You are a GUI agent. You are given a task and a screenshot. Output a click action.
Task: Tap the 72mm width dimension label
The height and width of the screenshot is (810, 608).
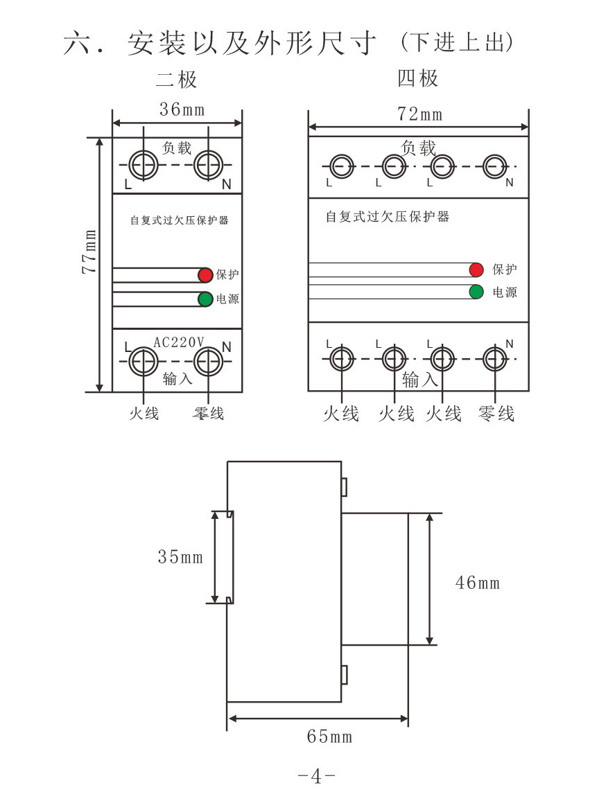pyautogui.click(x=419, y=114)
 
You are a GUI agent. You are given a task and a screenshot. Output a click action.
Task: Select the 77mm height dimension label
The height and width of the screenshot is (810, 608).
pyautogui.click(x=89, y=250)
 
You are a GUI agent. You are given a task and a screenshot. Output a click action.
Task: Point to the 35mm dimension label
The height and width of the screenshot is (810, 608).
pyautogui.click(x=180, y=556)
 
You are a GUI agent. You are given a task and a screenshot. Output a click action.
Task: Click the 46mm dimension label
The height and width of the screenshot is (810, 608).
pyautogui.click(x=477, y=582)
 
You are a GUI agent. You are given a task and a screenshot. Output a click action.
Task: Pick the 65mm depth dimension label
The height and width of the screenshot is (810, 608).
pyautogui.click(x=329, y=736)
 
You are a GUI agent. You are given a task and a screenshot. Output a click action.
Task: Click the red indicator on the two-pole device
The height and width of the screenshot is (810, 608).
pyautogui.click(x=205, y=275)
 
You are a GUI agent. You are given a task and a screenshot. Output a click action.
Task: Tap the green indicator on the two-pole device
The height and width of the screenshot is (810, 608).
pyautogui.click(x=205, y=299)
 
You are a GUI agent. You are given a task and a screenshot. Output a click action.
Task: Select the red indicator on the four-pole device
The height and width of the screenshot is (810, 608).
pyautogui.click(x=476, y=270)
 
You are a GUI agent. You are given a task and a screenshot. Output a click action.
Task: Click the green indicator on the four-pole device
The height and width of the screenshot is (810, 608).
pyautogui.click(x=476, y=292)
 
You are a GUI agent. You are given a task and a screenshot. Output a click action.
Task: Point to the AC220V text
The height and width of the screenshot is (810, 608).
pyautogui.click(x=178, y=342)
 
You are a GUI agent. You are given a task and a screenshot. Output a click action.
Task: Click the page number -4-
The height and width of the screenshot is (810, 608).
pyautogui.click(x=316, y=776)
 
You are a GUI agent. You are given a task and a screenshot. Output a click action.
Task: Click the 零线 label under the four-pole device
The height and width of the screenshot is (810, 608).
pyautogui.click(x=496, y=414)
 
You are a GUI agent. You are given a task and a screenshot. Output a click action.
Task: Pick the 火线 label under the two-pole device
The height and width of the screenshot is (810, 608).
pyautogui.click(x=144, y=414)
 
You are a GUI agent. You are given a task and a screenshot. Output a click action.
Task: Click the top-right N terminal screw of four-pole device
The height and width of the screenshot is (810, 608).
pyautogui.click(x=494, y=166)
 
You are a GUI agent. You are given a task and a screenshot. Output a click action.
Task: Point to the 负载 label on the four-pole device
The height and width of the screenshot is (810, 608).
pyautogui.click(x=419, y=147)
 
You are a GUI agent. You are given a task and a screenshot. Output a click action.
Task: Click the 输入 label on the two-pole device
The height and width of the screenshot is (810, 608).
pyautogui.click(x=177, y=378)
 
